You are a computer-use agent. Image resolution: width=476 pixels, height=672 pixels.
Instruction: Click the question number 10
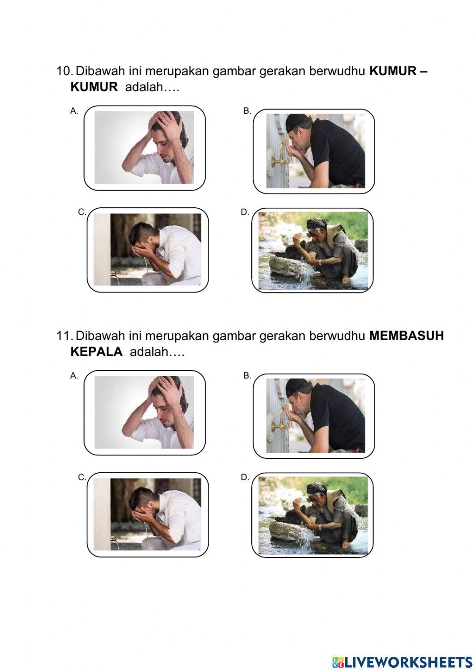pyautogui.click(x=64, y=71)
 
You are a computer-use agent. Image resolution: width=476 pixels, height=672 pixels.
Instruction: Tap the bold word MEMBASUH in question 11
pyautogui.click(x=406, y=336)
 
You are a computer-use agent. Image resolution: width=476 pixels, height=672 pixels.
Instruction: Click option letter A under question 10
pyautogui.click(x=74, y=111)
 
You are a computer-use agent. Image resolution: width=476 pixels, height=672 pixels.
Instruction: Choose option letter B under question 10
pyautogui.click(x=247, y=111)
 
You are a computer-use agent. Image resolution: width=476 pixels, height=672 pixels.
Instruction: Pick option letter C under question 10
pyautogui.click(x=82, y=212)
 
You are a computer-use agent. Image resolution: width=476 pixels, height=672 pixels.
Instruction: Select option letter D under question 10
pyautogui.click(x=245, y=212)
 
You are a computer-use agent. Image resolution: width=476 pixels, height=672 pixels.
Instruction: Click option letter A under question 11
pyautogui.click(x=74, y=376)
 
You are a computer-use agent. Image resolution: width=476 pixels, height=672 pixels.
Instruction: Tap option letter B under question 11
pyautogui.click(x=247, y=376)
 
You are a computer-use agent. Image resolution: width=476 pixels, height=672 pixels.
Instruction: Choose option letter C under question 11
pyautogui.click(x=82, y=477)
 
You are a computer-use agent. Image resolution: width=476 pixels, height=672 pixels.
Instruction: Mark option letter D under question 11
pyautogui.click(x=245, y=477)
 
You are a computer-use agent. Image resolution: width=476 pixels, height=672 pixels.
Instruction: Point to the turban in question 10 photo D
pyautogui.click(x=316, y=224)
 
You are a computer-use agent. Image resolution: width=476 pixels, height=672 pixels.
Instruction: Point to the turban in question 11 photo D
pyautogui.click(x=316, y=488)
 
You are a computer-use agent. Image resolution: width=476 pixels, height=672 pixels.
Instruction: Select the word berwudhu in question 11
pyautogui.click(x=337, y=336)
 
